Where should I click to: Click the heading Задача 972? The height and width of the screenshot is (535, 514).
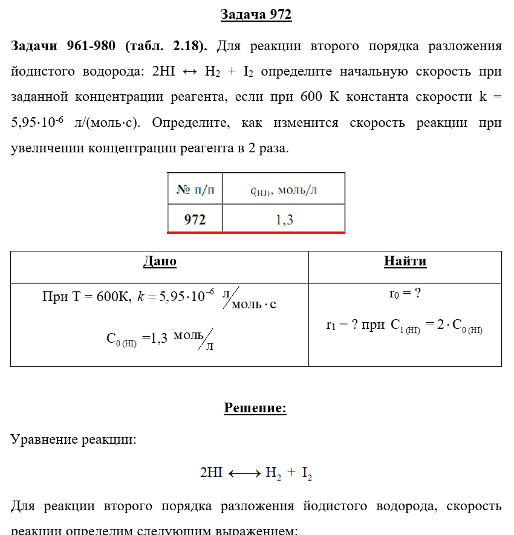(256, 15)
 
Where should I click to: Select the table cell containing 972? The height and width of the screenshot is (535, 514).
(195, 219)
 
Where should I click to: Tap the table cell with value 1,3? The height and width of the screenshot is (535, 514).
(284, 219)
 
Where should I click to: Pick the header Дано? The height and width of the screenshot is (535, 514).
(160, 262)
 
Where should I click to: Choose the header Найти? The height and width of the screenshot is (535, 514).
(405, 262)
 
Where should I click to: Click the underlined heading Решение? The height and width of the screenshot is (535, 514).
(255, 409)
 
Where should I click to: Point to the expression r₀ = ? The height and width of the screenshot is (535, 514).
(404, 294)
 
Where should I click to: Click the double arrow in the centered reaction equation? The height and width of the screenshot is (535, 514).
(244, 473)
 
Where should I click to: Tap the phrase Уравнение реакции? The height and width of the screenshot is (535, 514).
(74, 439)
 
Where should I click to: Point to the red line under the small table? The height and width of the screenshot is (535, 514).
(256, 232)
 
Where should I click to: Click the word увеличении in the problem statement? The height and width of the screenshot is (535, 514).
(48, 148)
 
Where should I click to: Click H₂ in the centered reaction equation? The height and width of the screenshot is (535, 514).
(273, 473)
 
